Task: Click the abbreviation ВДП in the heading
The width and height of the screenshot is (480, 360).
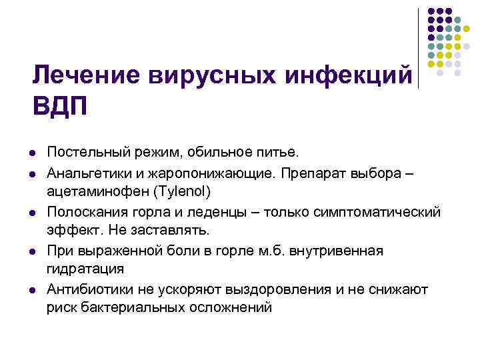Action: point(60,105)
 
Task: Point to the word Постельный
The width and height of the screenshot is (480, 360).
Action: point(87,155)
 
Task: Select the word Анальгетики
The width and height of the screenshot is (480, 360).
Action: point(90,174)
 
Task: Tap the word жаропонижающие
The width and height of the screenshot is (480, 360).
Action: point(213,174)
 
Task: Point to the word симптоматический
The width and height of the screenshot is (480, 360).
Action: point(379,213)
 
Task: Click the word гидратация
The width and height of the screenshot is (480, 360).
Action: point(85,269)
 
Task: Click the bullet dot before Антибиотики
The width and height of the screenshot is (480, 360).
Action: point(33,290)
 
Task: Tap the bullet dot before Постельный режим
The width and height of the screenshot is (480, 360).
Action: point(33,155)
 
